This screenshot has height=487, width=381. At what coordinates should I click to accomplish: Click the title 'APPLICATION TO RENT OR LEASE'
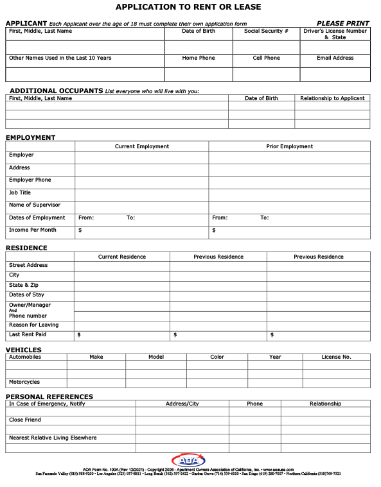(x=188, y=7)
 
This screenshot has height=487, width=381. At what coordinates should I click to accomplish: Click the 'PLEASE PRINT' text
(x=342, y=23)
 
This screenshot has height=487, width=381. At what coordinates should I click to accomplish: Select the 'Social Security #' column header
(x=266, y=31)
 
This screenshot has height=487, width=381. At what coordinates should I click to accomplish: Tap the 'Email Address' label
(x=335, y=58)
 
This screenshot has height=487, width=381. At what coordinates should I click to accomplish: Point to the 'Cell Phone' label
(x=266, y=58)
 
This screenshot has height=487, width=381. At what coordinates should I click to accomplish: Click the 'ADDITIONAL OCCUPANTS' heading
(x=57, y=91)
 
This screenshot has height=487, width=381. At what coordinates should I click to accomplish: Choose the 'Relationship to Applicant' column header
(x=332, y=98)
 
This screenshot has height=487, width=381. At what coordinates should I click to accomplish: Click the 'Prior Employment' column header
(x=289, y=146)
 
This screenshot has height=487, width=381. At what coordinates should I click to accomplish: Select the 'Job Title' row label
(x=20, y=192)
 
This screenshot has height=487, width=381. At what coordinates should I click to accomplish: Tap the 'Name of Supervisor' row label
(x=35, y=205)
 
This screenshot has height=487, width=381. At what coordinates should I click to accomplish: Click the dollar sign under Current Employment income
(x=80, y=230)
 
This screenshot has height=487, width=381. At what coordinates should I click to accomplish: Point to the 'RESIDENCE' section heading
(x=26, y=248)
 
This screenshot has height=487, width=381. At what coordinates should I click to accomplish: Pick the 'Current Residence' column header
(x=122, y=257)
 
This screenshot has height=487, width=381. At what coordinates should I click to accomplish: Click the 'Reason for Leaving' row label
(x=33, y=325)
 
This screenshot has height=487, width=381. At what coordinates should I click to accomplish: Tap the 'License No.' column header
(x=336, y=357)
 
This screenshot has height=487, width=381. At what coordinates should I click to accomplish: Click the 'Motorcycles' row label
(x=24, y=382)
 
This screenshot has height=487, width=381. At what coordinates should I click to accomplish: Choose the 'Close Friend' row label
(x=25, y=420)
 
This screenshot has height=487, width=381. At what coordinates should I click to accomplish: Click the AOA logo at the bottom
(x=188, y=461)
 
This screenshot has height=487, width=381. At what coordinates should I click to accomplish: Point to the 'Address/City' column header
(x=182, y=404)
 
